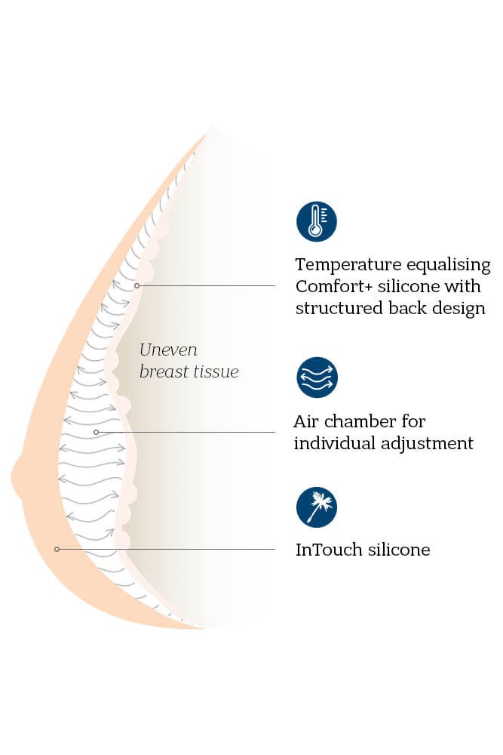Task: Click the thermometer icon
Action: pyautogui.click(x=316, y=222)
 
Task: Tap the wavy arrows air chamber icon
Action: pyautogui.click(x=316, y=377)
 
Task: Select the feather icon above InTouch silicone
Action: pyautogui.click(x=316, y=507)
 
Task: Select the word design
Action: pyautogui.click(x=459, y=309)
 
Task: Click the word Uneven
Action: pyautogui.click(x=168, y=350)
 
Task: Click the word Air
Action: pyautogui.click(x=307, y=421)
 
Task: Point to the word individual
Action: pyautogui.click(x=333, y=442)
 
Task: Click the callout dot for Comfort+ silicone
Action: pyautogui.click(x=137, y=285)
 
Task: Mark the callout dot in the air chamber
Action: pyautogui.click(x=96, y=432)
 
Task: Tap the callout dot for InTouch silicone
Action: pyautogui.click(x=57, y=549)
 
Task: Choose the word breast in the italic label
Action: pyautogui.click(x=162, y=372)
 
